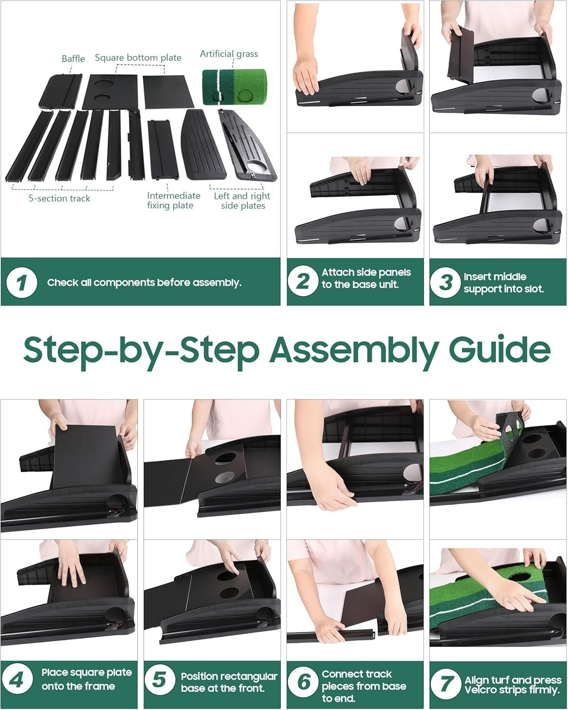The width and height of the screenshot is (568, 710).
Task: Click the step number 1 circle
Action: click(x=22, y=283)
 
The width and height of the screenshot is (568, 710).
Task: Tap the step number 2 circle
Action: click(x=303, y=281)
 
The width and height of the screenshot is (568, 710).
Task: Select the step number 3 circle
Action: click(x=445, y=283)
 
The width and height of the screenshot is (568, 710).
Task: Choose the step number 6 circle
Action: click(x=303, y=682)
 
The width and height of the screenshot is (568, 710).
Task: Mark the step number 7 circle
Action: click(x=445, y=683)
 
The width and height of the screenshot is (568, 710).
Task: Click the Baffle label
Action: click(x=73, y=59)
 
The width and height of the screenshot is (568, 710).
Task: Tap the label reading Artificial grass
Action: click(x=229, y=54)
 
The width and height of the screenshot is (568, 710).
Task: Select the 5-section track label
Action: click(x=59, y=198)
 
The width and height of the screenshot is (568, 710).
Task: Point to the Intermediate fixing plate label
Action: click(x=174, y=201)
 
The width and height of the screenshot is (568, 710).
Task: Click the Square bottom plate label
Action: click(x=138, y=58)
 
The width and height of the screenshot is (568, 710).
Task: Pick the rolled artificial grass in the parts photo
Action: click(x=234, y=87)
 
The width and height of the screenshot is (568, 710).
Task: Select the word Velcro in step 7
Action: click(x=479, y=690)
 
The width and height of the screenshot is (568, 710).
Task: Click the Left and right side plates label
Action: click(x=242, y=201)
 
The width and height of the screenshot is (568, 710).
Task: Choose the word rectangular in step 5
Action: click(x=248, y=677)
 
